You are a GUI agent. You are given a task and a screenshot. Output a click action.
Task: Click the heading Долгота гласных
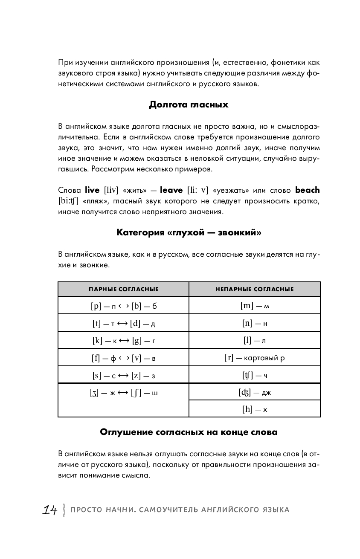tap(189, 104)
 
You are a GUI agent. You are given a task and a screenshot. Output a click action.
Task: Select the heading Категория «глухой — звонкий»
tap(189, 232)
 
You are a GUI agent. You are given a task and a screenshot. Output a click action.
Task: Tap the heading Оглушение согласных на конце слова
tap(189, 432)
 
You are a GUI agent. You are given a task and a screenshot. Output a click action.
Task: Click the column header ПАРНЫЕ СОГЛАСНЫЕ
tap(124, 289)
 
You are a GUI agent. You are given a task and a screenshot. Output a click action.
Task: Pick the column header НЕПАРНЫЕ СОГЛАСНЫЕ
tap(255, 289)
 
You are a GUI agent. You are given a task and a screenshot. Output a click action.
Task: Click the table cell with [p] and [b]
tap(124, 306)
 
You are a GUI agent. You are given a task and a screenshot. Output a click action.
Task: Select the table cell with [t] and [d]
tap(124, 323)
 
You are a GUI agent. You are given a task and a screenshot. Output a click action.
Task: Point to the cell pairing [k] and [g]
tap(124, 340)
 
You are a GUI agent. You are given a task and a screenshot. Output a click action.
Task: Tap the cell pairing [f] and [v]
tap(124, 358)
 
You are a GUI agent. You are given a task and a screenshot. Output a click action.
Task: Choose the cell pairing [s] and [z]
tap(124, 375)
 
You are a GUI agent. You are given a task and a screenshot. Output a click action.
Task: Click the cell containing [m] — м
tap(255, 306)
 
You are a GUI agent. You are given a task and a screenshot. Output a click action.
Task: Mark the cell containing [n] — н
tap(255, 323)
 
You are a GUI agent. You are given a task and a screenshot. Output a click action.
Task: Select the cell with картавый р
tap(255, 358)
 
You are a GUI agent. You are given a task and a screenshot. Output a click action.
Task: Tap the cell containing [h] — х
tap(255, 409)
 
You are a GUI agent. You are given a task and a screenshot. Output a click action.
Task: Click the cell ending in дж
tap(255, 392)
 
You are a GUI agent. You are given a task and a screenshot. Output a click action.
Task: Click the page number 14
tap(50, 510)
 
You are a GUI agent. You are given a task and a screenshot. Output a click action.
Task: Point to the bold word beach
tap(307, 190)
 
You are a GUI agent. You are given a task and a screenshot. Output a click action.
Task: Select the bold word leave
tap(171, 190)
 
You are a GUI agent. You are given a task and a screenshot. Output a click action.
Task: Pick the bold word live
tap(92, 190)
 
